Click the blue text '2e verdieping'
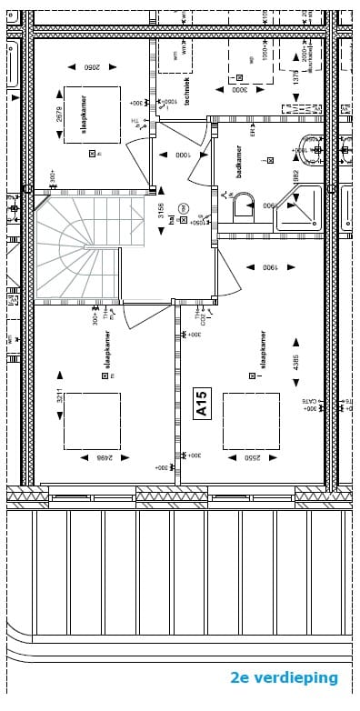click(x=284, y=678)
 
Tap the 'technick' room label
click(x=188, y=91)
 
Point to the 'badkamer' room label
click(x=239, y=161)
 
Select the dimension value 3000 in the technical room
click(x=239, y=89)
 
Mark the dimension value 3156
click(x=161, y=212)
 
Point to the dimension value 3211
click(x=59, y=397)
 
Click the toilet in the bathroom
click(x=244, y=208)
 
